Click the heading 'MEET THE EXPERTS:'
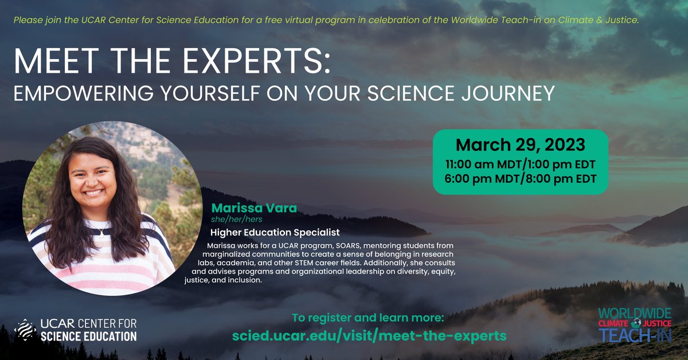pyautogui.click(x=172, y=60)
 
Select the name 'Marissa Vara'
pyautogui.click(x=254, y=208)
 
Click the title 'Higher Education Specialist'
pyautogui.click(x=275, y=233)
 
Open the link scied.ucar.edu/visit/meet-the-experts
pyautogui.click(x=369, y=335)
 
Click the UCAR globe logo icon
pyautogui.click(x=26, y=330)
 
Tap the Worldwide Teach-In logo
pyautogui.click(x=634, y=324)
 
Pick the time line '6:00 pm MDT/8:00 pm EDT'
pyautogui.click(x=520, y=178)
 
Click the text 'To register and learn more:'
pyautogui.click(x=368, y=317)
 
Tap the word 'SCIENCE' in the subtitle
pyautogui.click(x=390, y=93)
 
